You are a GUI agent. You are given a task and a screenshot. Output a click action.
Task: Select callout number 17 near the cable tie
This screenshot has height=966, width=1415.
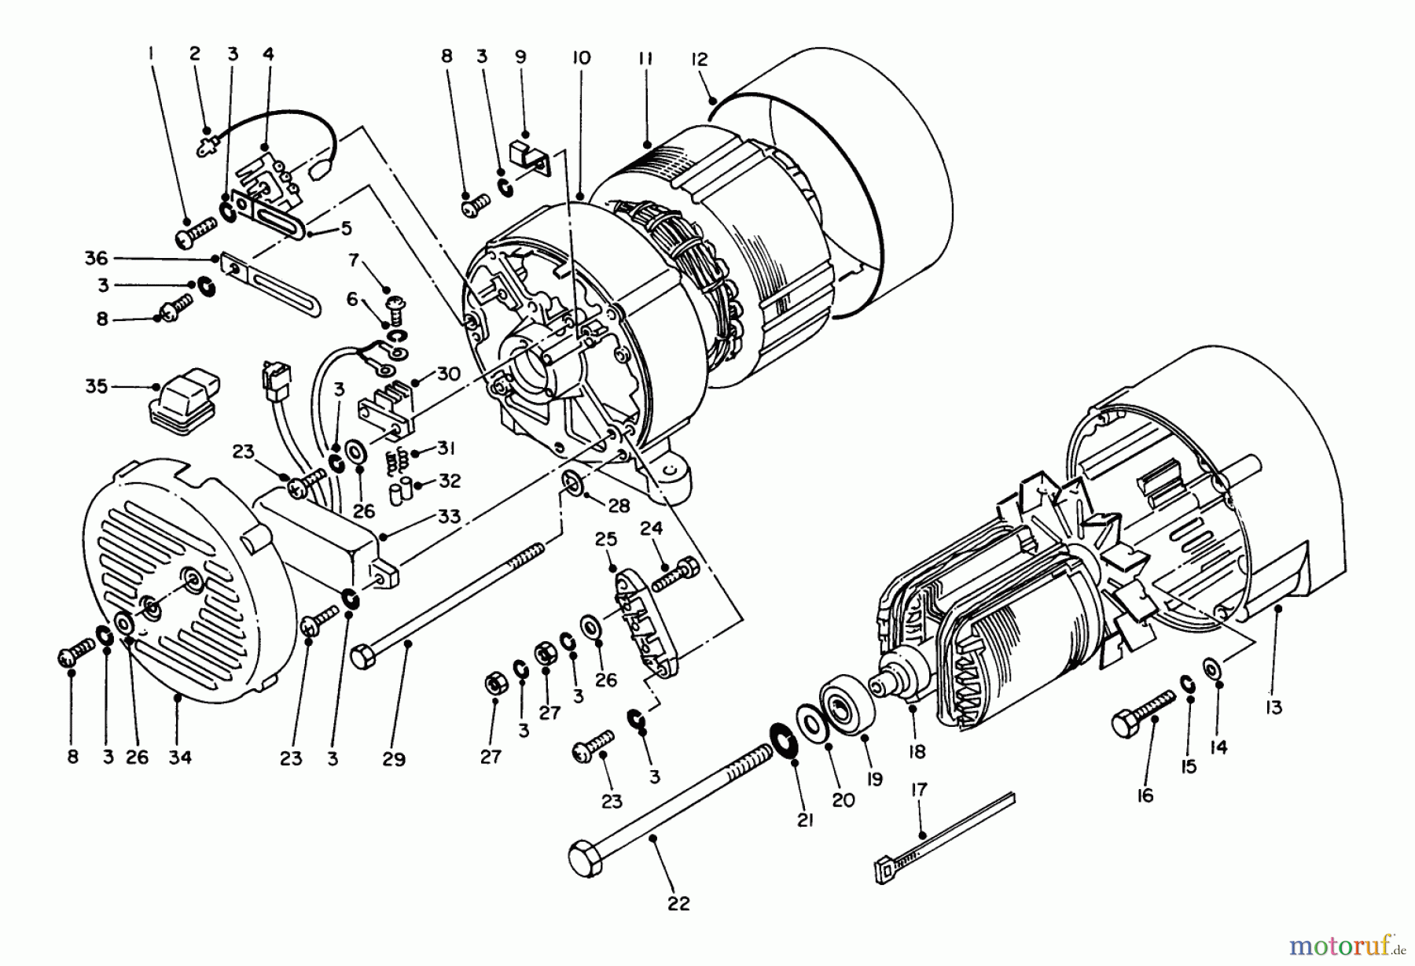click(x=919, y=789)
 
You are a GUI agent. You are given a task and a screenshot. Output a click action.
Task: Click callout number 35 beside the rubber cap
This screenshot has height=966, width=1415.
click(x=96, y=387)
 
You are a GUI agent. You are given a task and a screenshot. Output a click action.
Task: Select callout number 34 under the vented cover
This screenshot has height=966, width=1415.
click(x=180, y=757)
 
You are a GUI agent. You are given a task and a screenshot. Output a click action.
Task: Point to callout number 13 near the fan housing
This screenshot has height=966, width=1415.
click(x=1273, y=707)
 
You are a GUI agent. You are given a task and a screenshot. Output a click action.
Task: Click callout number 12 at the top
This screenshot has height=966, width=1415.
click(x=699, y=59)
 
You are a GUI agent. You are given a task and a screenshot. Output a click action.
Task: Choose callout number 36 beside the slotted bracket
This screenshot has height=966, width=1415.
click(x=96, y=258)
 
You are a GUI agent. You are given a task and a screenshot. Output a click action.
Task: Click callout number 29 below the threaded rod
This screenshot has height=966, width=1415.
click(x=393, y=759)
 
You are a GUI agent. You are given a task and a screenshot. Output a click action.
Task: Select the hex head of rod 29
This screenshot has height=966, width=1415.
click(x=362, y=658)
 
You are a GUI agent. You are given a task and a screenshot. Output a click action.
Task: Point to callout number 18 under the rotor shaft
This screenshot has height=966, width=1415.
click(x=917, y=751)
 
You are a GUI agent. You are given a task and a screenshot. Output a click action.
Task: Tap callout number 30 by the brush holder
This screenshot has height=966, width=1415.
click(x=448, y=373)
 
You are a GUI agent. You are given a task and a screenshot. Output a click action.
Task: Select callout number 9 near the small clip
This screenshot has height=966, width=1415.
click(x=520, y=57)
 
